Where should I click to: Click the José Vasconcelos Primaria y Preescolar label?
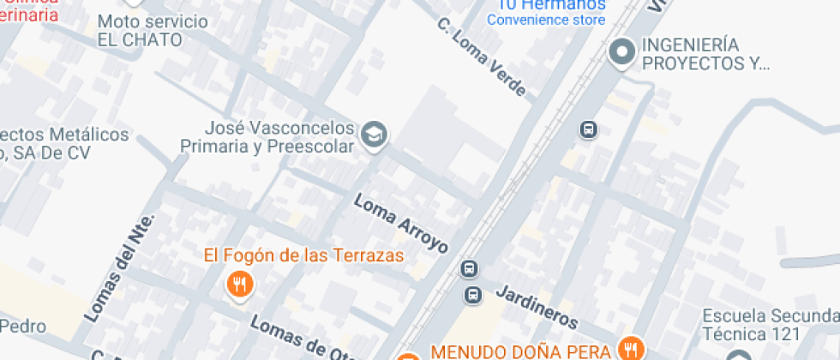[x=267, y=137]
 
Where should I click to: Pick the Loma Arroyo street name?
[x=401, y=223]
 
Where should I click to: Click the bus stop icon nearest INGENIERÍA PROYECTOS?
[x=588, y=130]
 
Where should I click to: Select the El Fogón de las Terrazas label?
[x=303, y=255]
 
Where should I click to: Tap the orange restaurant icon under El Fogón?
[x=240, y=283]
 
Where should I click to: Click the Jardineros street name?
[x=536, y=306]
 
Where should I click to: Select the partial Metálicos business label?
[x=64, y=143]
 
